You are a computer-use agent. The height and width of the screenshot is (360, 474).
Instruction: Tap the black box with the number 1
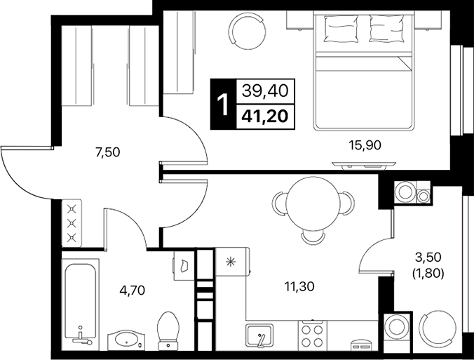[x=224, y=104]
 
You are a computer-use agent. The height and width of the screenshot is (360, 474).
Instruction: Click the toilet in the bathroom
[x=168, y=330]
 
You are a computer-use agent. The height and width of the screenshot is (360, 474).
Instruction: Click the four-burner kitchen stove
[x=312, y=333]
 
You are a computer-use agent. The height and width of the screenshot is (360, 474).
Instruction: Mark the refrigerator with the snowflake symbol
[x=231, y=264]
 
